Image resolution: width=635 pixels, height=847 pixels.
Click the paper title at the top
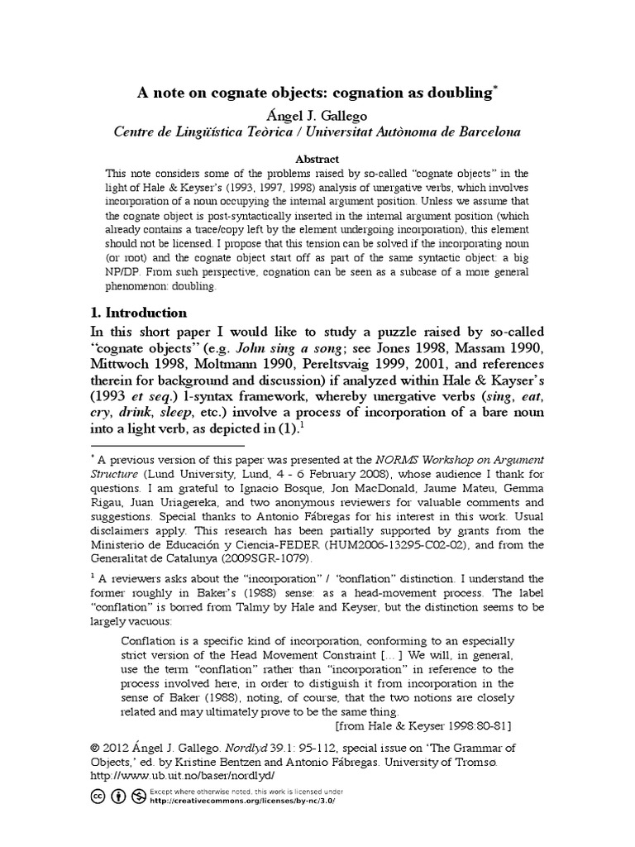[x=317, y=94]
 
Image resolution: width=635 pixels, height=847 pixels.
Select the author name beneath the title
[x=317, y=115]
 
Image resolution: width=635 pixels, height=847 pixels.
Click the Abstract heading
[x=317, y=158]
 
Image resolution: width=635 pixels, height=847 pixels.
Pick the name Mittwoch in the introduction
[x=127, y=366]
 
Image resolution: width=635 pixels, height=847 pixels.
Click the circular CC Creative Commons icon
[x=96, y=797]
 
